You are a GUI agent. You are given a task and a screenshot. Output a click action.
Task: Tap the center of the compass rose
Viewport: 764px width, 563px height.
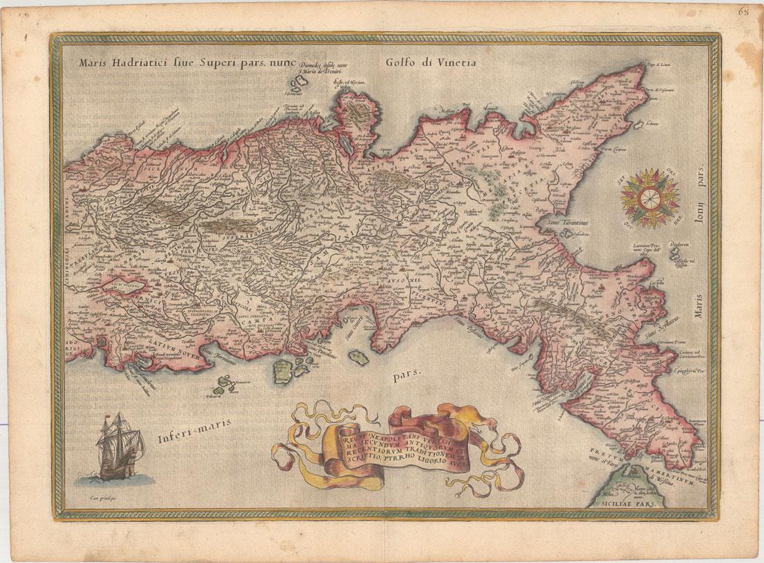coord(647,197)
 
